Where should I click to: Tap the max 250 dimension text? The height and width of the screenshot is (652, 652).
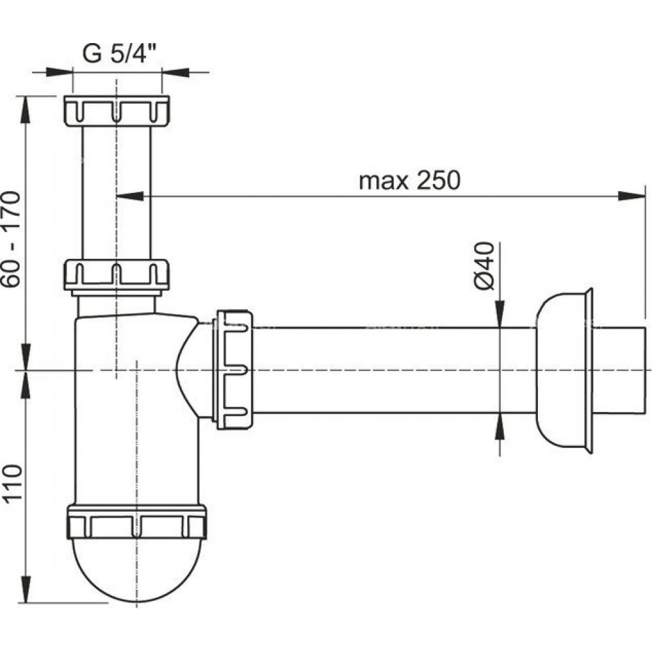409,181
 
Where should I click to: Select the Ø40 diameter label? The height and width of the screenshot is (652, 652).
484,266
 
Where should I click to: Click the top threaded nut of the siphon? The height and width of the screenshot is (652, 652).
117,111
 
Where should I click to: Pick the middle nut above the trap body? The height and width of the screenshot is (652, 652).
117,275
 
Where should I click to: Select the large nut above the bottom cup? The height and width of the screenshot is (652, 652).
136,522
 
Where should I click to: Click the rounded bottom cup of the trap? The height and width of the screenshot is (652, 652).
136,570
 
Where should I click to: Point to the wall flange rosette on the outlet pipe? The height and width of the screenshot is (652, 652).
563,370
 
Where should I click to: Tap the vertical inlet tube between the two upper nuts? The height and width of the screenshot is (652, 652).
117,193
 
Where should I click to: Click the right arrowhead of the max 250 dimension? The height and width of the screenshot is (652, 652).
632,196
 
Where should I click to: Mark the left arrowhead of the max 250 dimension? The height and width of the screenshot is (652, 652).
130,196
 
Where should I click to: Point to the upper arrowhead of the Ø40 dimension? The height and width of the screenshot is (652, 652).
499,314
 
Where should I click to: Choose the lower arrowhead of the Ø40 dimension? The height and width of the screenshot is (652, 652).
499,426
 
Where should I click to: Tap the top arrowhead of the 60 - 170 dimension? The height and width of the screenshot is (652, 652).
26,110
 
